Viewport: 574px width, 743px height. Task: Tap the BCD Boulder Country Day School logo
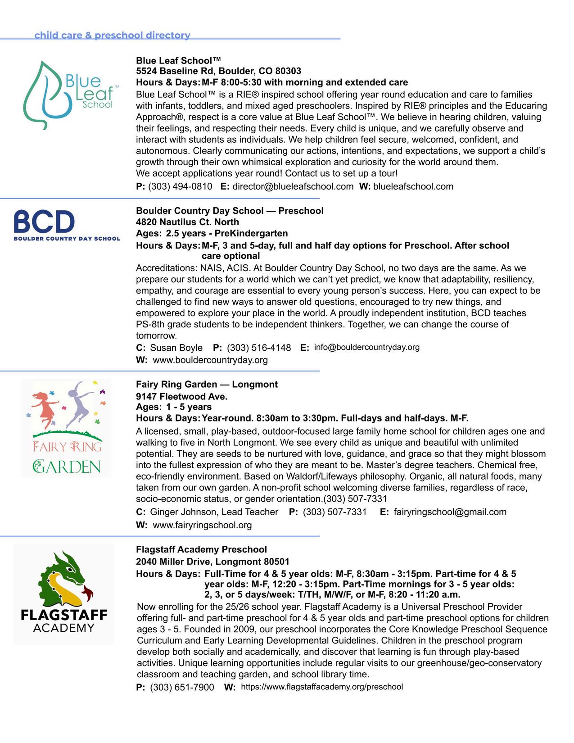pyautogui.click(x=67, y=225)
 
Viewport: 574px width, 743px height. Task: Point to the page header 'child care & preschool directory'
pyautogui.click(x=112, y=35)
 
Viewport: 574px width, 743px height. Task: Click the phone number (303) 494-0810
pyautogui.click(x=180, y=186)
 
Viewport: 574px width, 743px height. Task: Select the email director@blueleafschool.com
pyautogui.click(x=293, y=186)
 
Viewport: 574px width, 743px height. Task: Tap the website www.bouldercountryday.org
pyautogui.click(x=210, y=360)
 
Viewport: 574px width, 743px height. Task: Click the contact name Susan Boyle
pyautogui.click(x=176, y=348)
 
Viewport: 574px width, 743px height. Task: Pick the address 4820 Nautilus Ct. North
pyautogui.click(x=187, y=222)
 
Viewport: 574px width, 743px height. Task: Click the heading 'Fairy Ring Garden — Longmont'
pyautogui.click(x=207, y=384)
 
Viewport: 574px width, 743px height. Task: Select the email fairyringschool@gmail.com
pyautogui.click(x=450, y=512)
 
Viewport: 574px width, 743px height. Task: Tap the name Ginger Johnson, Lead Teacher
pyautogui.click(x=214, y=512)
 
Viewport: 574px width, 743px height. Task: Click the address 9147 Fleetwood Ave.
pyautogui.click(x=181, y=396)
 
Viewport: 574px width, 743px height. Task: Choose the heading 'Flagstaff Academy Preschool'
pyautogui.click(x=201, y=549)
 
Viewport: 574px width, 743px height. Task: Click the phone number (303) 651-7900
pyautogui.click(x=182, y=687)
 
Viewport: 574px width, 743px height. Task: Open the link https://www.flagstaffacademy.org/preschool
pyautogui.click(x=322, y=687)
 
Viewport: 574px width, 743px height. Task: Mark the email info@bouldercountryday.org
pyautogui.click(x=366, y=347)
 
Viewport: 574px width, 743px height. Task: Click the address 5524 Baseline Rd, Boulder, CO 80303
pyautogui.click(x=218, y=71)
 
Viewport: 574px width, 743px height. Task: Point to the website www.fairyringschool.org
pyautogui.click(x=202, y=525)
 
